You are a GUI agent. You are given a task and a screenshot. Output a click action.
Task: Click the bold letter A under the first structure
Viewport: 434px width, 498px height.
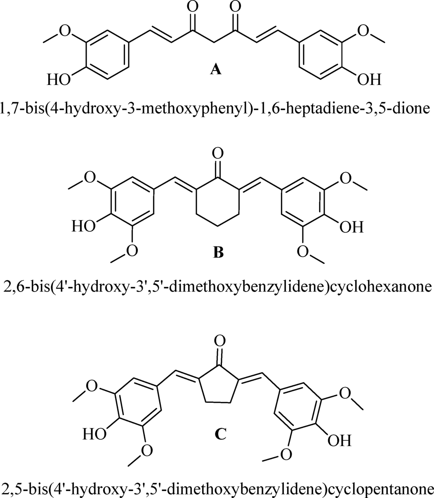pos(215,70)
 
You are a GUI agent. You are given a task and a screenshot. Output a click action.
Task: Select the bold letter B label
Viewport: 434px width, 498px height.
pos(218,252)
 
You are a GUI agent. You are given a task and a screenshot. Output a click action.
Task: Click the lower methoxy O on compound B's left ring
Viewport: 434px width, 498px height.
pos(132,250)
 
